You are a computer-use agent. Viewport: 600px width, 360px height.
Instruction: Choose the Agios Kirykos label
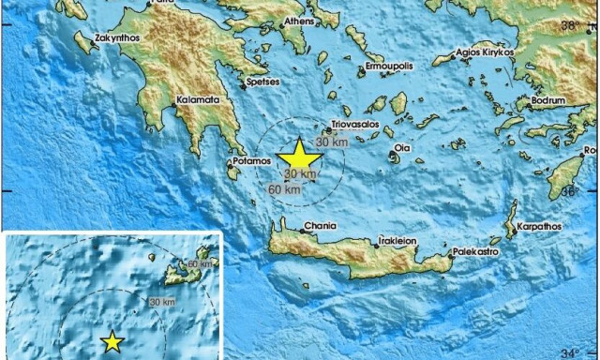pyautogui.click(x=487, y=53)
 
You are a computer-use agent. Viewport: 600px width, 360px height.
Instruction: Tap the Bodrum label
pyautogui.click(x=547, y=99)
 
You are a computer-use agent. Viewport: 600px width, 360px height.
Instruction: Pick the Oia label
pyautogui.click(x=401, y=147)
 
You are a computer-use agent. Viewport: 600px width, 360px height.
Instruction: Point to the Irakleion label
pyautogui.click(x=397, y=239)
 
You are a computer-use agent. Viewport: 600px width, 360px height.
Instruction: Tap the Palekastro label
pyautogui.click(x=474, y=251)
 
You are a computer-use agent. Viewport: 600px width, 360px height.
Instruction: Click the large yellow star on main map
pyautogui.click(x=298, y=156)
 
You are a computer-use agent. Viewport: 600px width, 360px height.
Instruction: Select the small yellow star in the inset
pyautogui.click(x=112, y=342)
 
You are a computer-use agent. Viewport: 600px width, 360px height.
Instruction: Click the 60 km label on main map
pyautogui.click(x=285, y=190)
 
